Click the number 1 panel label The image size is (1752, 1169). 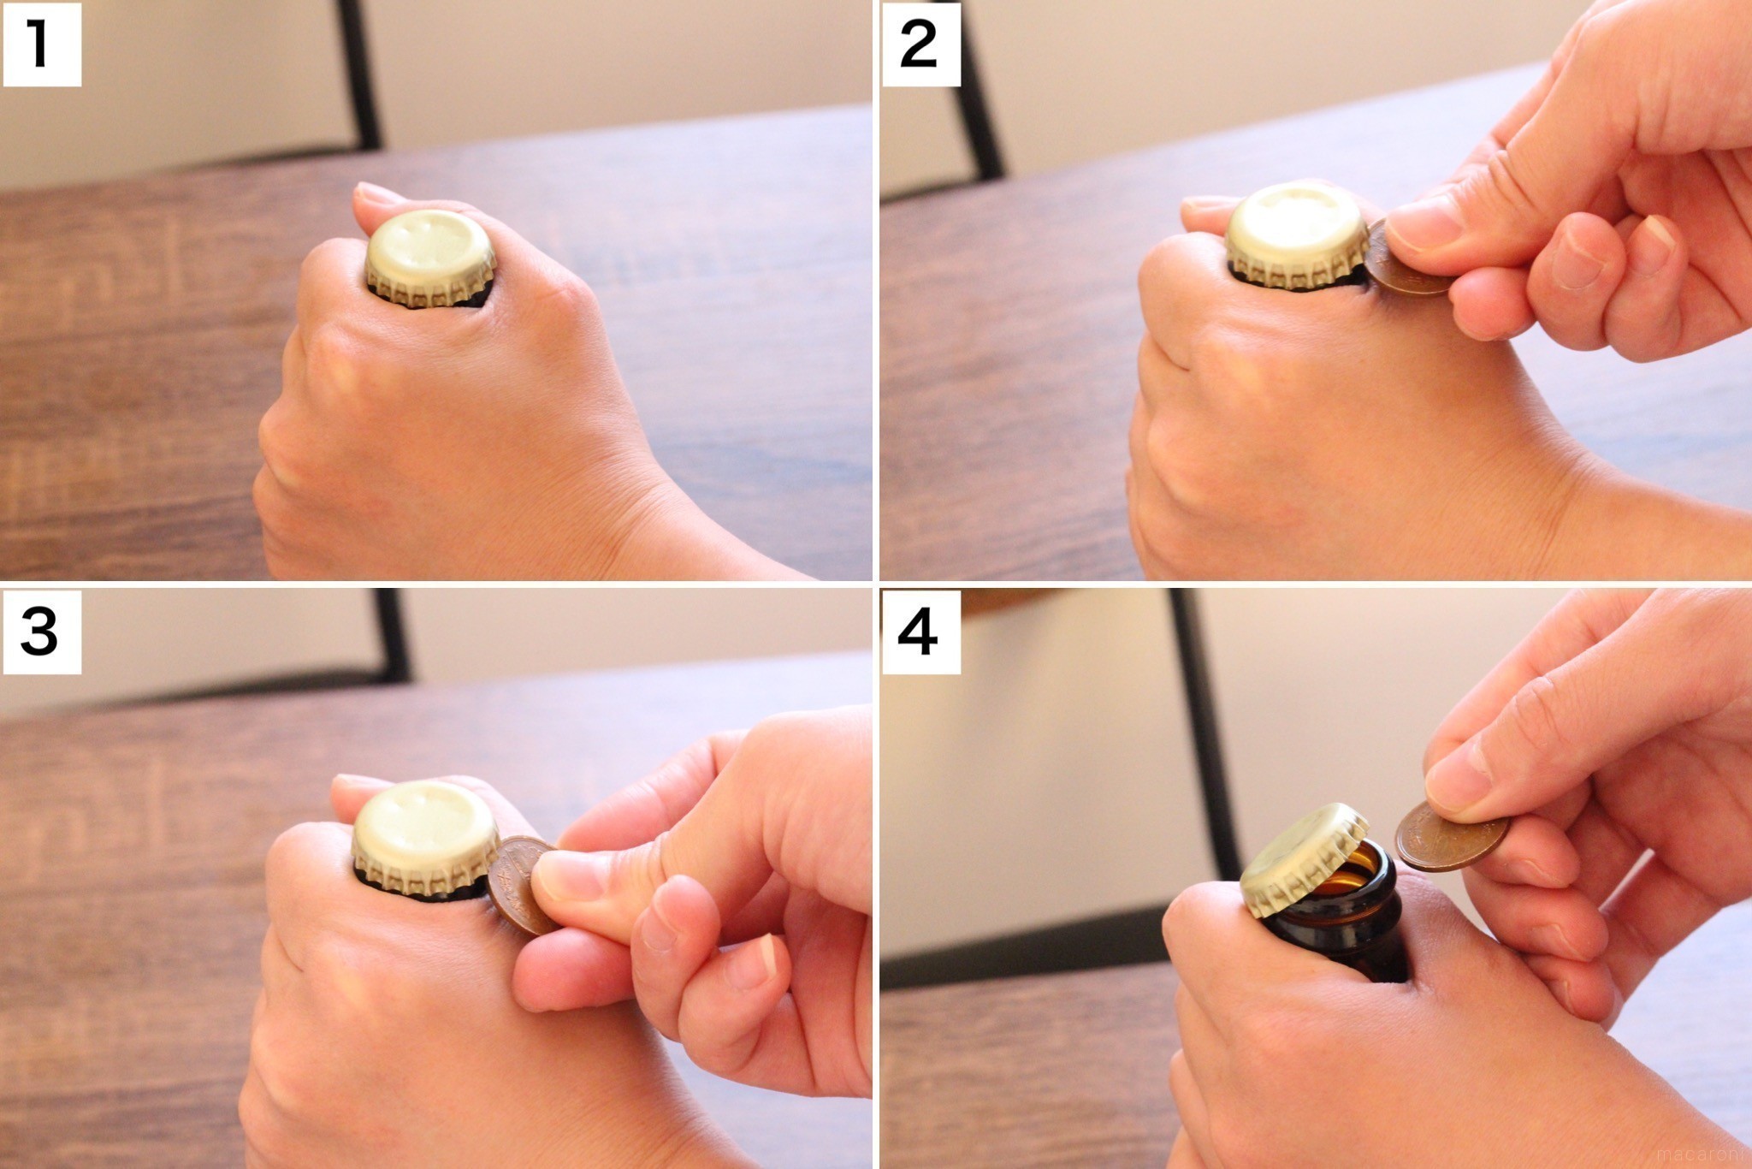(42, 45)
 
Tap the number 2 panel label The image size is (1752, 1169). (920, 45)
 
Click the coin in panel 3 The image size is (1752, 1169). (519, 885)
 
